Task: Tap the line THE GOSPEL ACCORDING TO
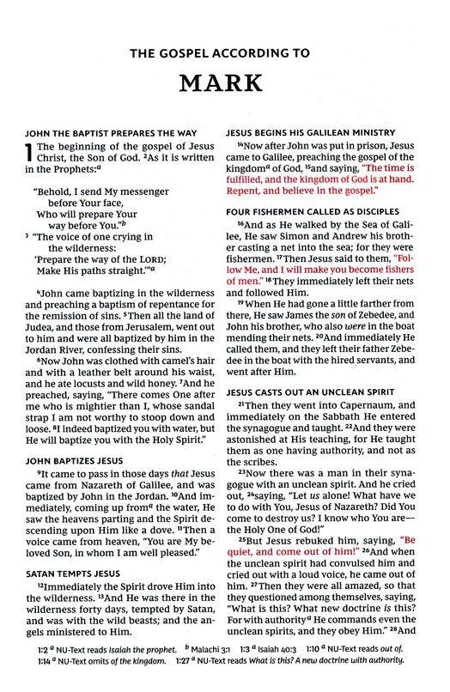(225, 53)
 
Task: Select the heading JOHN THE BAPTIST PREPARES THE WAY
(116, 132)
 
